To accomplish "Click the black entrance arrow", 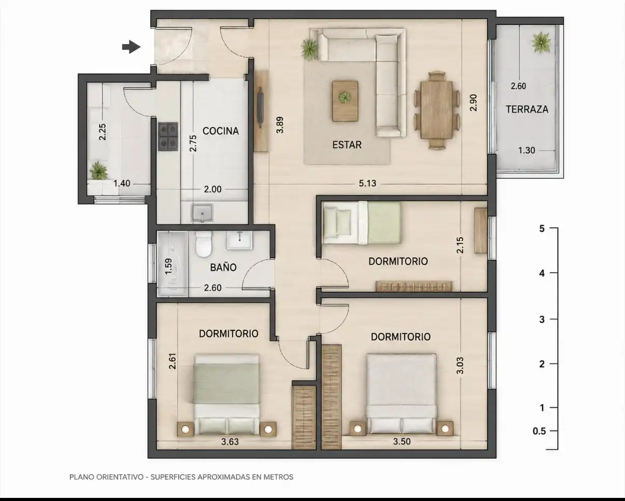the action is point(131,47).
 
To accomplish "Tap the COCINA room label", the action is point(221,131).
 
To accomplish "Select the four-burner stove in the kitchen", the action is point(168,137).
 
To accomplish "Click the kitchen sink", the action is point(202,213).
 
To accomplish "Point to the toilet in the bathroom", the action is point(204,244).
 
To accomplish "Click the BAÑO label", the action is point(223,267).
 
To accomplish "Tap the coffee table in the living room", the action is point(345,101).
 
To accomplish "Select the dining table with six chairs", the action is point(437,111).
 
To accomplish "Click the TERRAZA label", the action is point(527,109).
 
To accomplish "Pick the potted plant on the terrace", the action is point(541,42).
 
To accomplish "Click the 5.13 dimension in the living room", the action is point(367,183).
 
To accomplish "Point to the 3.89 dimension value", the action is point(280,125).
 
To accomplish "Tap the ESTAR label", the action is point(347,145).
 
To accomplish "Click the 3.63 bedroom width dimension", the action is point(230,441).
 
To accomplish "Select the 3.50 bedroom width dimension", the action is point(402,441).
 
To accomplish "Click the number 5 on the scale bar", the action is point(542,229).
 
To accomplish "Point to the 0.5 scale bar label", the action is point(539,431).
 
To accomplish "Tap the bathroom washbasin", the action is point(239,240).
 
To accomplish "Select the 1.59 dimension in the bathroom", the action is point(168,267).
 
